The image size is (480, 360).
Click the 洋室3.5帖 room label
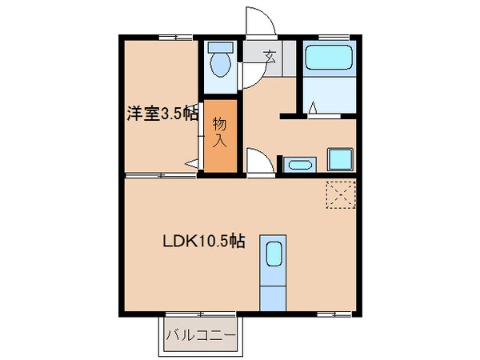pyautogui.click(x=161, y=114)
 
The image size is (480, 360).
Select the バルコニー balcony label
pyautogui.click(x=200, y=335)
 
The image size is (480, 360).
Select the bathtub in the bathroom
pyautogui.click(x=329, y=57)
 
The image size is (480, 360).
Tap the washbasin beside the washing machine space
pyautogui.click(x=298, y=165)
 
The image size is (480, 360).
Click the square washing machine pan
pyautogui.click(x=340, y=159)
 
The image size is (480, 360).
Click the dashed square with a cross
pyautogui.click(x=339, y=194)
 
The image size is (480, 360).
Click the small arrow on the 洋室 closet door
pyautogui.click(x=191, y=164)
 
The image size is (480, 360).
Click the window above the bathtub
pyautogui.click(x=329, y=37)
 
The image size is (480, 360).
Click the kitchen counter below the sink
pyautogui.click(x=273, y=292)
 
